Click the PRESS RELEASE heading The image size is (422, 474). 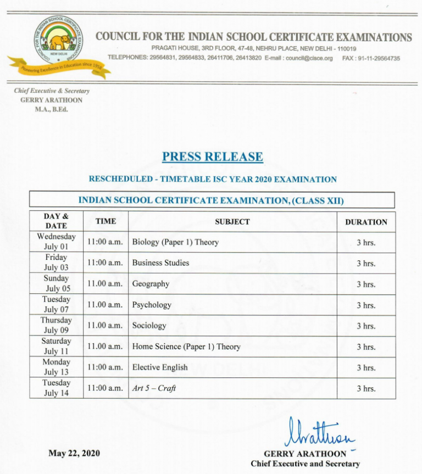click(x=212, y=157)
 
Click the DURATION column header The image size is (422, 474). click(x=366, y=222)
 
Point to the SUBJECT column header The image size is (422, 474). click(x=232, y=222)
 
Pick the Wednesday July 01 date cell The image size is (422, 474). click(x=56, y=242)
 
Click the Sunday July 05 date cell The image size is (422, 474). click(x=57, y=283)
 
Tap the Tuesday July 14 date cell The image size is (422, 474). click(x=56, y=388)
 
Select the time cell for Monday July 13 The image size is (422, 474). click(x=105, y=367)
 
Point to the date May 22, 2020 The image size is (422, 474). click(x=74, y=453)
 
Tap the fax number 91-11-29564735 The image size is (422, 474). click(x=379, y=58)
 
